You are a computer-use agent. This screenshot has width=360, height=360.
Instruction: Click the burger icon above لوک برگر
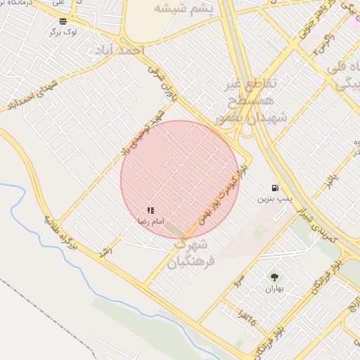click(x=64, y=21)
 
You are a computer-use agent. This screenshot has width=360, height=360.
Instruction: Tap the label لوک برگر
click(x=63, y=32)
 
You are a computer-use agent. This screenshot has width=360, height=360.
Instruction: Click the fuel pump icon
click(x=274, y=188)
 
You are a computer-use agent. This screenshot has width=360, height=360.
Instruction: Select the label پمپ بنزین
click(x=274, y=199)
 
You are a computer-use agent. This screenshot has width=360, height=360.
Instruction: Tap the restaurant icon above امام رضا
click(x=150, y=210)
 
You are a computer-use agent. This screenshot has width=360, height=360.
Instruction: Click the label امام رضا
click(x=150, y=221)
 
